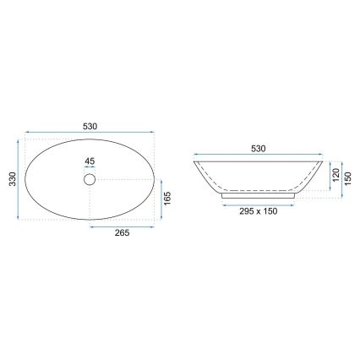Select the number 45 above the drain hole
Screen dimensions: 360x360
pyautogui.click(x=90, y=161)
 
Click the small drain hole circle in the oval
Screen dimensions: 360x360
pyautogui.click(x=90, y=179)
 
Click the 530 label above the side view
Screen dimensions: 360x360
pyautogui.click(x=259, y=150)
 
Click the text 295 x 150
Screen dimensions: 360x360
pyautogui.click(x=259, y=210)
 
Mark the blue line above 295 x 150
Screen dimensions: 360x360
pyautogui.click(x=259, y=203)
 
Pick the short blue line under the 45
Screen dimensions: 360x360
pyautogui.click(x=90, y=169)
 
